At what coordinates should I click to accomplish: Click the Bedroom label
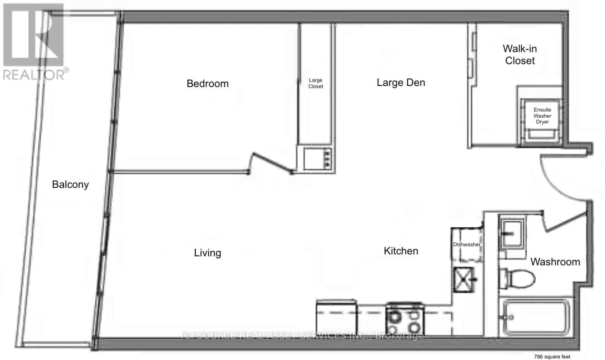tap(208, 84)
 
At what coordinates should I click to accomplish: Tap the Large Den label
tap(401, 82)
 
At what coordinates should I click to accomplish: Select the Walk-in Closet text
tap(520, 55)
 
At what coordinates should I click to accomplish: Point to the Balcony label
tap(70, 185)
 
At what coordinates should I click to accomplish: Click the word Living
tap(208, 253)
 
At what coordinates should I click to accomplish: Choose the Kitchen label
tap(401, 251)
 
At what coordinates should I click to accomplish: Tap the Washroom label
tap(555, 262)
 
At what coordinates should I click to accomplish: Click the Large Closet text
tap(315, 83)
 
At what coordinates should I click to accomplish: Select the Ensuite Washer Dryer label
tap(542, 116)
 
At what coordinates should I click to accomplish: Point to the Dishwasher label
tap(466, 245)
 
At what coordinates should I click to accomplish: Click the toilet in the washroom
tap(517, 278)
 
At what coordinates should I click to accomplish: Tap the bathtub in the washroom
tap(536, 317)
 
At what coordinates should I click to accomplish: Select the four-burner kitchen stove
tap(405, 319)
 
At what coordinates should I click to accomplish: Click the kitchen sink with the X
tap(464, 279)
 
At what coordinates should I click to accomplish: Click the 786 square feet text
tap(552, 357)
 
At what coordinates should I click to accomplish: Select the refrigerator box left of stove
tap(337, 318)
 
